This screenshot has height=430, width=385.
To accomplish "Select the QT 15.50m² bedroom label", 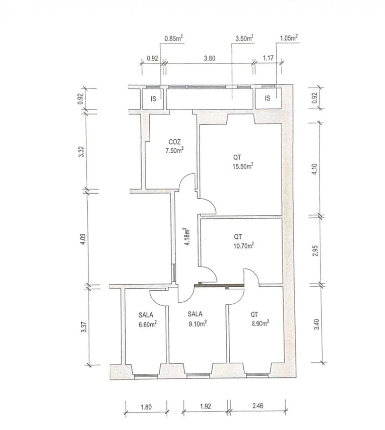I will pyautogui.click(x=243, y=162).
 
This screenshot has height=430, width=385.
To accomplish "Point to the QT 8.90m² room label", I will pyautogui.click(x=259, y=319).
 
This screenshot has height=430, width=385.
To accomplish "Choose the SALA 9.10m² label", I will pyautogui.click(x=197, y=318).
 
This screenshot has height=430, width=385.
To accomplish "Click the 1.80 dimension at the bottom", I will pyautogui.click(x=146, y=407).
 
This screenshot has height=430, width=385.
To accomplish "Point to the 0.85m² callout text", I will pyautogui.click(x=174, y=38).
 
